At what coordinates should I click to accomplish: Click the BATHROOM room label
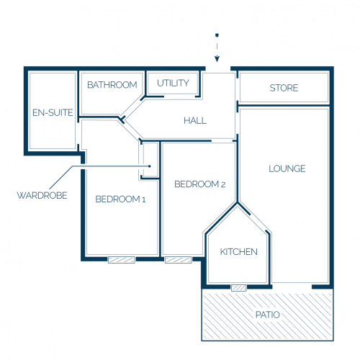(112, 85)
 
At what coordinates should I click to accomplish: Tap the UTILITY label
(173, 83)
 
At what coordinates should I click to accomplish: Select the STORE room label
(284, 88)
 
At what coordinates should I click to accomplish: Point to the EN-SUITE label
(53, 112)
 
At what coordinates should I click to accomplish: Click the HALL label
(195, 120)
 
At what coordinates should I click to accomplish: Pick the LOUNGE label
(287, 168)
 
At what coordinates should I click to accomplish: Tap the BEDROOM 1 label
(120, 199)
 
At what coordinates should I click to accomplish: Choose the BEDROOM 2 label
(200, 184)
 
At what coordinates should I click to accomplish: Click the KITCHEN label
(239, 251)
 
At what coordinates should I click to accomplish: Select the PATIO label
(268, 315)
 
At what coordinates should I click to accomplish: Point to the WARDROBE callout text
(42, 195)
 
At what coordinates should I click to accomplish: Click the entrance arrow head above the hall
(217, 59)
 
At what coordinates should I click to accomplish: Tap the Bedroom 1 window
(122, 260)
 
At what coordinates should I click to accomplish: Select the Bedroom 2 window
(179, 260)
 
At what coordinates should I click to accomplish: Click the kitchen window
(239, 287)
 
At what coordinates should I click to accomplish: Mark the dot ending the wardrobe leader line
(149, 166)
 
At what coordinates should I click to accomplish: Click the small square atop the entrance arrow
(217, 35)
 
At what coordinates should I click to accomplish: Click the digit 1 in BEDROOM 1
(144, 199)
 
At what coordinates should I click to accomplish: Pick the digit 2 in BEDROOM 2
(223, 184)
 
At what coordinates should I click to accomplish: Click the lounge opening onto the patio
(292, 287)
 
